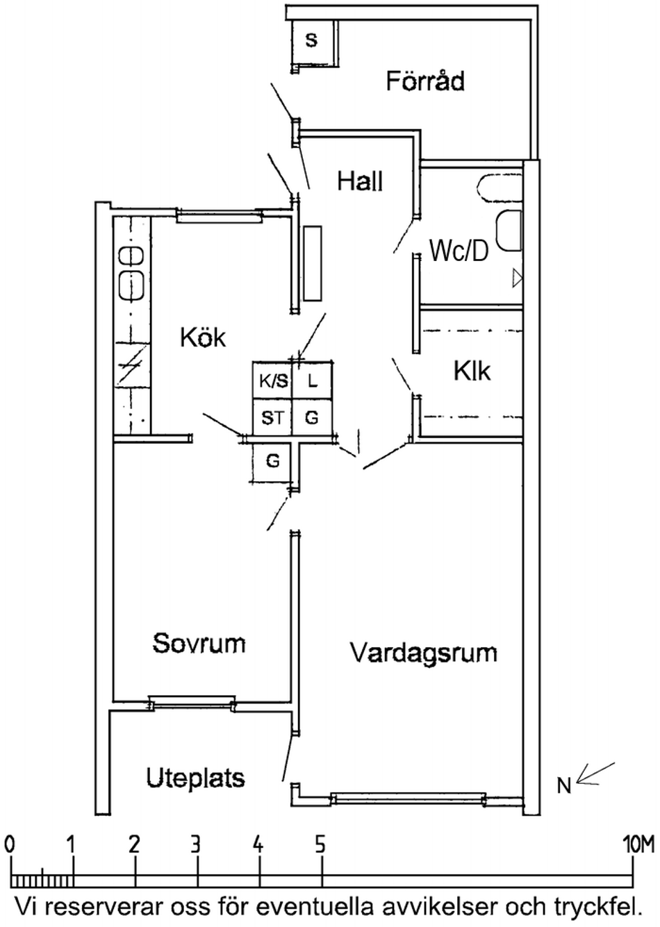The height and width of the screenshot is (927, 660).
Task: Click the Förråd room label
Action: (425, 81)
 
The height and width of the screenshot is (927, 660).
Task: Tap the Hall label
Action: (360, 182)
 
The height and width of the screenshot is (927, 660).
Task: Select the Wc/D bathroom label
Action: (459, 250)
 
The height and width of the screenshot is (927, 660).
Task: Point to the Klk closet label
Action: (472, 371)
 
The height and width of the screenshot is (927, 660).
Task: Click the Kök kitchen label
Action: (203, 338)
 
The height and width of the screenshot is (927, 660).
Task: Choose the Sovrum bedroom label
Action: (199, 643)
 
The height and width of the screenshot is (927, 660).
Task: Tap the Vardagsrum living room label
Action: (424, 653)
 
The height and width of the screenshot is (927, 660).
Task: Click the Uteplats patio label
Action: (196, 778)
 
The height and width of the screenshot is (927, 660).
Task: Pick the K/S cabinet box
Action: (272, 381)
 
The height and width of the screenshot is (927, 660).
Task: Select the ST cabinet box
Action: (272, 418)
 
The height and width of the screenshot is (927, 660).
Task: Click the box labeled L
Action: (313, 381)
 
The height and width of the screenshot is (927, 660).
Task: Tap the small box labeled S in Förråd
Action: (312, 41)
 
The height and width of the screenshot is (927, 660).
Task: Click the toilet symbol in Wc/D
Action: (509, 231)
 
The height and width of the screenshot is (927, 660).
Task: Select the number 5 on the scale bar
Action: (320, 844)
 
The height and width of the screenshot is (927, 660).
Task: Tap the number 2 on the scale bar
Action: (134, 844)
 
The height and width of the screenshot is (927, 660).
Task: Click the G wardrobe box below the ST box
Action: (273, 460)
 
